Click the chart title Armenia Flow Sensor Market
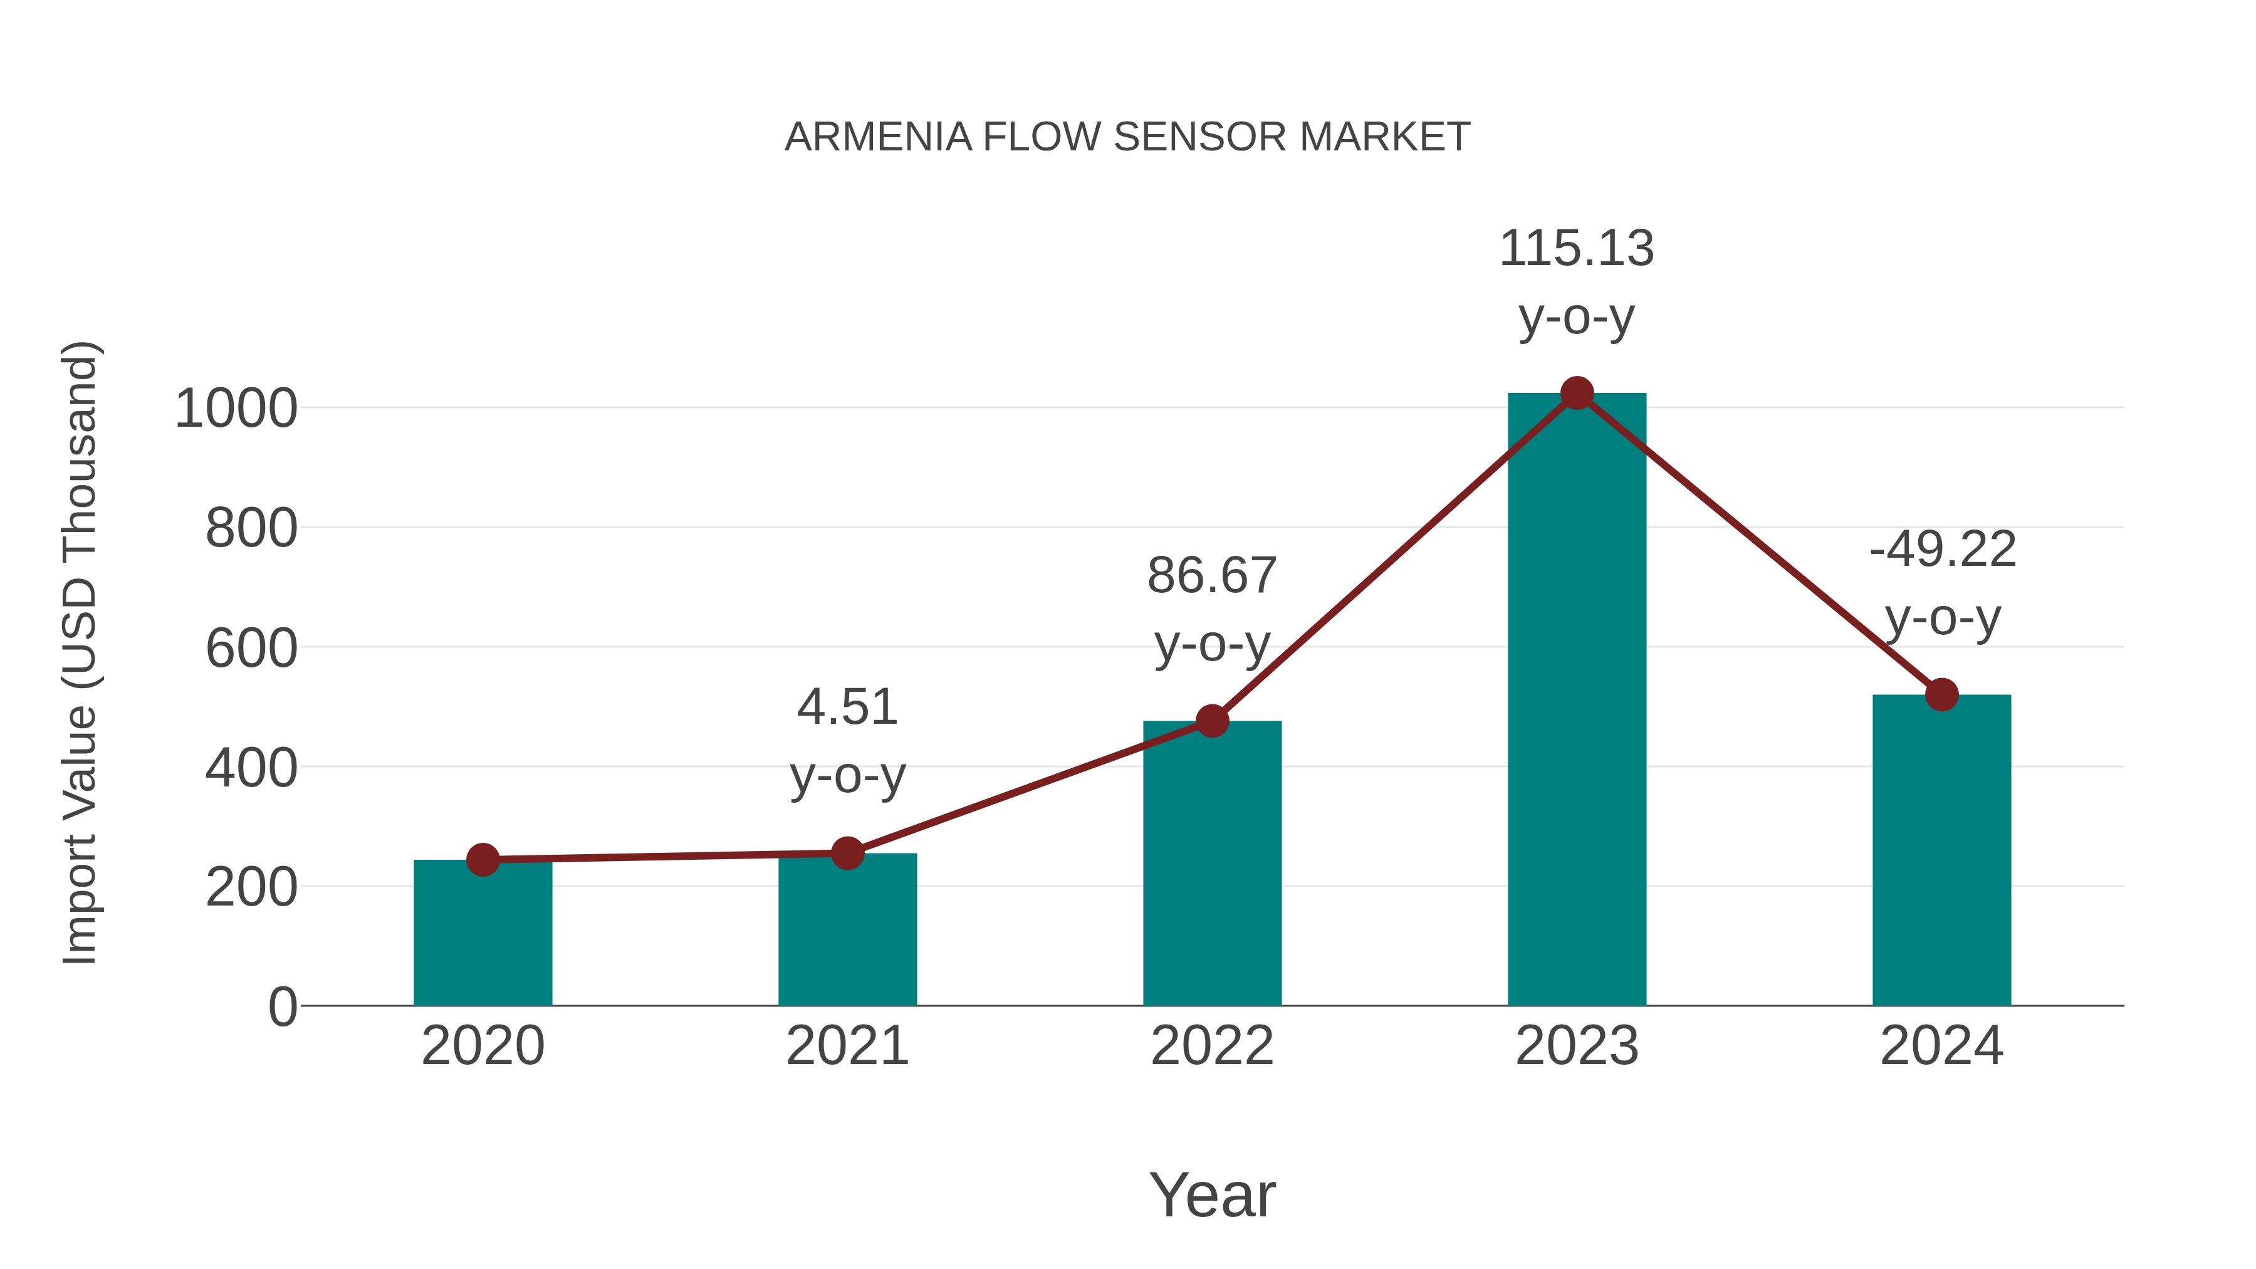[x=1127, y=137]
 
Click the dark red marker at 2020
[x=483, y=860]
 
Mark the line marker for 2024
[x=1941, y=694]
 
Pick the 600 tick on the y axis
[x=251, y=649]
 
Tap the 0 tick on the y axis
[x=282, y=1007]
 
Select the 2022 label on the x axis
[x=1212, y=1046]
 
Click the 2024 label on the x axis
[x=1941, y=1046]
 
